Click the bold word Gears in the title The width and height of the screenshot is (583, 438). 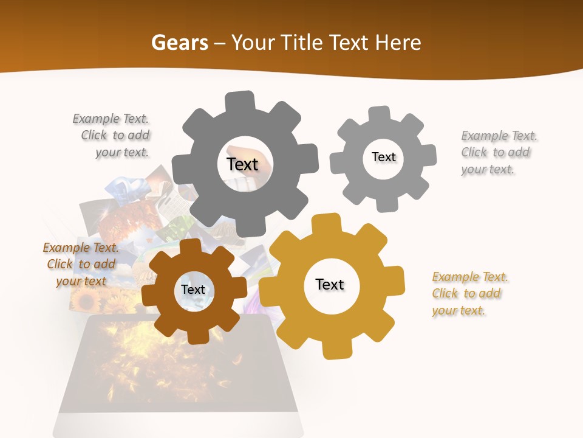179,43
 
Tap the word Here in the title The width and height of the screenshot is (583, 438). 398,43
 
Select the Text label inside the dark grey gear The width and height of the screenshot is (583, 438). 242,164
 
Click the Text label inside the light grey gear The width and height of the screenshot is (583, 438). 383,157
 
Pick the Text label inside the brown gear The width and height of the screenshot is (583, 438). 193,290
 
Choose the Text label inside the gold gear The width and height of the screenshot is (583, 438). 330,284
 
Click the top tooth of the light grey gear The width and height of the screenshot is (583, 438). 379,114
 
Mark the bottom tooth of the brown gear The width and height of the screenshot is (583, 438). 196,336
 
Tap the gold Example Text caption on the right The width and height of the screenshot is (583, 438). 469,293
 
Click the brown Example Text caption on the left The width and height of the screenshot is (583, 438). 81,264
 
